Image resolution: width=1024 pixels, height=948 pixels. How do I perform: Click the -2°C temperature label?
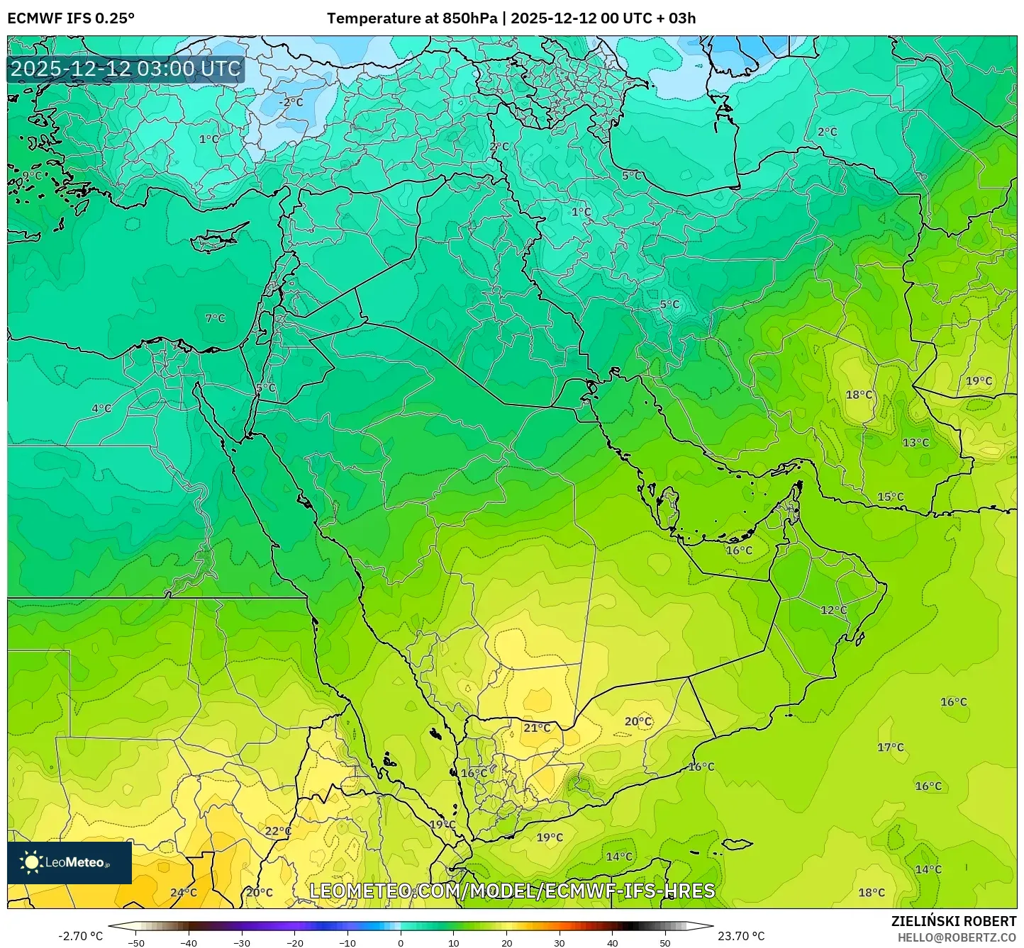290,102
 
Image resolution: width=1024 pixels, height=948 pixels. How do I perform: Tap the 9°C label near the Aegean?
32,175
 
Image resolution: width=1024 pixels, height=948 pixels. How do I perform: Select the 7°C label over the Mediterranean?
215,319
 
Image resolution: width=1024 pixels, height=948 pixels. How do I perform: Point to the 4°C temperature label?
101,408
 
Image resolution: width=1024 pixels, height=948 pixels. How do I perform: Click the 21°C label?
537,728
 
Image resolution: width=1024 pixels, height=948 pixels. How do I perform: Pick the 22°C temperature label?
278,831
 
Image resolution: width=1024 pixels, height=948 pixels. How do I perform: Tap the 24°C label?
184,893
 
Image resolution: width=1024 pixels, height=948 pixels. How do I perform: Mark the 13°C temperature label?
916,443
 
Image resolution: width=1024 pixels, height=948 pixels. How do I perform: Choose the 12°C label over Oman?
834,610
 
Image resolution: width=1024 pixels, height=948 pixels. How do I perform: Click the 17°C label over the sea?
891,747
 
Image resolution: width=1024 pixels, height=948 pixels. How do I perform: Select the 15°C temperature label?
891,497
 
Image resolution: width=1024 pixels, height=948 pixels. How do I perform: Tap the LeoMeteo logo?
69,862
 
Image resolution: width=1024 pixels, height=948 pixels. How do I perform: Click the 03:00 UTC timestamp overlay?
126,69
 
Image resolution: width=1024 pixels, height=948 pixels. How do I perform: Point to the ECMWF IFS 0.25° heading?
71,18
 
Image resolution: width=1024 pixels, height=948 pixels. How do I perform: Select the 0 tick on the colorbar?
401,942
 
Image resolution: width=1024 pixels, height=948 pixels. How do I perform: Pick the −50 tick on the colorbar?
136,942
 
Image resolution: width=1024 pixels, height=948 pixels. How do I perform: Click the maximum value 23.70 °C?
741,936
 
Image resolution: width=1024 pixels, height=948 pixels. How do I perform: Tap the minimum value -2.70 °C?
80,936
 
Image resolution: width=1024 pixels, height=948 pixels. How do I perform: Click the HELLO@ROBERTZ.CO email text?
957,937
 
